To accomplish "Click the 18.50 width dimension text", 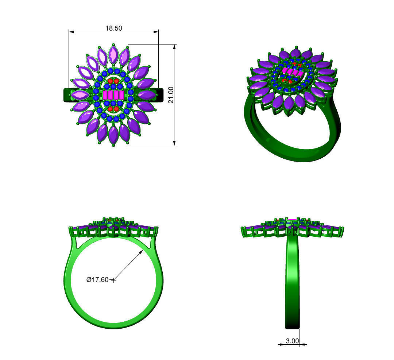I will tap(114, 28).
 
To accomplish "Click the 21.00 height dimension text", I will tap(171, 95).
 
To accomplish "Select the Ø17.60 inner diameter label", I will tap(97, 280).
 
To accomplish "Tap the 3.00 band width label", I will tap(292, 341).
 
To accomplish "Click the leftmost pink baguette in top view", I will tap(105, 95).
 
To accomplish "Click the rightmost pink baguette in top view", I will tap(122, 95).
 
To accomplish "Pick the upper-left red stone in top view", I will tap(110, 81).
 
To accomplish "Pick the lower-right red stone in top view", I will tap(116, 109).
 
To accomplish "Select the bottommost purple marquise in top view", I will tap(113, 135).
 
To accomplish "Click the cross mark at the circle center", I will tap(114, 280).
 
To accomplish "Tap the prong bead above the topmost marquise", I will tap(113, 45).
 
